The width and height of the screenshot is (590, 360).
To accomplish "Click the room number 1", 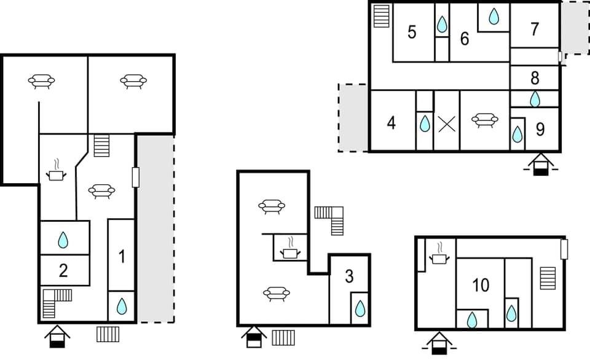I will tap(121, 257).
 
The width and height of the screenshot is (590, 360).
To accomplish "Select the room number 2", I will tap(63, 270).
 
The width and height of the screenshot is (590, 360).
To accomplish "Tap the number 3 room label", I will tap(349, 276).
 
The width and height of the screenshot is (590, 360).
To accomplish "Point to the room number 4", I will tap(391, 123).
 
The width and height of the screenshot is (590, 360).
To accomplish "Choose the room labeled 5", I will tap(412, 32).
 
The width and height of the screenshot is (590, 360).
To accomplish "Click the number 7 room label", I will tap(535, 28).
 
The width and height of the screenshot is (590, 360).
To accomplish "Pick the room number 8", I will tap(535, 78).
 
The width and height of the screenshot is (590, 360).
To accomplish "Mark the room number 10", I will tap(481, 284).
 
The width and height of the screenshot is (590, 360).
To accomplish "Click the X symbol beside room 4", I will tap(447, 124).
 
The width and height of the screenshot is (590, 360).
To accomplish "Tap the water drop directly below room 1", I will tap(122, 305).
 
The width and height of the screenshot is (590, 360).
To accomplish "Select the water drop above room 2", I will tap(63, 240).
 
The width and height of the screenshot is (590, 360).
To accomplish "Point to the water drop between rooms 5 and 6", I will tap(442, 24).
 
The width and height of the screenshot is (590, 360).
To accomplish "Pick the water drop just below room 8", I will tap(535, 98).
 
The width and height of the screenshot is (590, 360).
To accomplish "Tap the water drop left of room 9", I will tap(517, 134).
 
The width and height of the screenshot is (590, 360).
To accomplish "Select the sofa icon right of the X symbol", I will tap(484, 120).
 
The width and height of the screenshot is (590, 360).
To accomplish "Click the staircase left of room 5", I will tap(382, 16).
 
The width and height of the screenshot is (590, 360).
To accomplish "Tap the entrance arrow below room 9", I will tap(540, 164).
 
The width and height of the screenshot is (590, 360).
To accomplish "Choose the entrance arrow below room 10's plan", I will tap(438, 343).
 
